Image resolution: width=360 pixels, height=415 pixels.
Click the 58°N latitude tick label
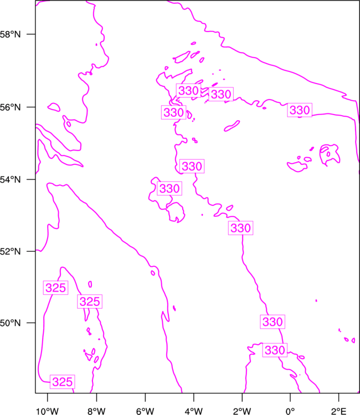coord(10,34)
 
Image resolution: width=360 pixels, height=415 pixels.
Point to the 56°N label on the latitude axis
coord(10,107)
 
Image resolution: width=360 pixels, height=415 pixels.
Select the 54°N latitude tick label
coord(10,180)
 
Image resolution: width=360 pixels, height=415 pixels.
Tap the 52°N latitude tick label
coord(10,251)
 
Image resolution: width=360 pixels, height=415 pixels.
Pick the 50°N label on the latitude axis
coord(10,323)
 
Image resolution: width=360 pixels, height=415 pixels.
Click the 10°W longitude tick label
coord(48,411)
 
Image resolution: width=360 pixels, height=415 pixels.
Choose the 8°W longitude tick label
coord(96,411)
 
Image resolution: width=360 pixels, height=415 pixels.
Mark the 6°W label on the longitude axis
coord(145,411)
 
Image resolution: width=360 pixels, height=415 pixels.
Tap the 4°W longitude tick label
coord(194,411)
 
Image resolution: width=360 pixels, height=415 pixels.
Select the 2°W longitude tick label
coord(242,411)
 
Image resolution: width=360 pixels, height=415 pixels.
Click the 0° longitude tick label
coord(290,411)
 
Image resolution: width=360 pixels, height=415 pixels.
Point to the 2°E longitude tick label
coord(339,411)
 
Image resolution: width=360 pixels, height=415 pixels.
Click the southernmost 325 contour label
coord(63,382)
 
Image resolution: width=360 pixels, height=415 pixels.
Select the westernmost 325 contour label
coord(55,288)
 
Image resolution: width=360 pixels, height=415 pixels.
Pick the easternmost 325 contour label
coord(90,302)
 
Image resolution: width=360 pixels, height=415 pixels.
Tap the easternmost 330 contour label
coord(300,110)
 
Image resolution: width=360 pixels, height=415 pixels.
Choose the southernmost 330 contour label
coord(275,350)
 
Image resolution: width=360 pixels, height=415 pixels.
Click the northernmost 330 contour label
coord(189,91)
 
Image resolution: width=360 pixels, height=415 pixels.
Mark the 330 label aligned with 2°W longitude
coord(240,228)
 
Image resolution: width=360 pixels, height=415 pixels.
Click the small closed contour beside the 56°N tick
coord(54,107)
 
